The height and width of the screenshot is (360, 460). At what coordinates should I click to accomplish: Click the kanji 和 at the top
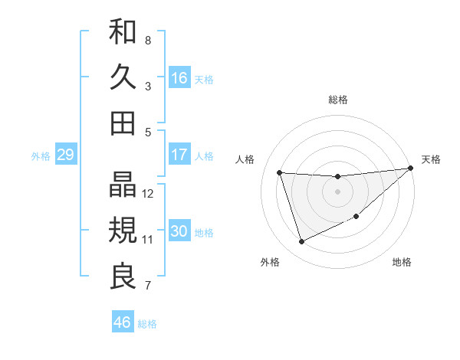(123, 32)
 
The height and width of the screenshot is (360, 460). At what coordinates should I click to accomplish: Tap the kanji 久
(123, 77)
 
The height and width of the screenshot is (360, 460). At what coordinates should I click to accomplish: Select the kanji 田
(123, 123)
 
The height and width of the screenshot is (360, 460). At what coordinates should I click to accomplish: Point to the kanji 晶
(123, 185)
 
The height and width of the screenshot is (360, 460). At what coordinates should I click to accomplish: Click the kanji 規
(123, 231)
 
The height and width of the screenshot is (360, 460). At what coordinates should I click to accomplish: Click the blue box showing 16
(179, 78)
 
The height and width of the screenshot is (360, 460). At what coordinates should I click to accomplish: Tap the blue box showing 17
(179, 155)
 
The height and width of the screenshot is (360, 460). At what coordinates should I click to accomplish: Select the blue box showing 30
(179, 231)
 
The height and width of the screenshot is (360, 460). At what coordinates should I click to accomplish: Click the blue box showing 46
(123, 322)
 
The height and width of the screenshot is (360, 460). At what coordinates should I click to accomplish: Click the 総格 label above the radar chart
(338, 100)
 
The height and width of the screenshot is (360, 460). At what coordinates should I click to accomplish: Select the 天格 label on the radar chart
(431, 159)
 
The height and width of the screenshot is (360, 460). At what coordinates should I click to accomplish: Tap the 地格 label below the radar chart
(402, 262)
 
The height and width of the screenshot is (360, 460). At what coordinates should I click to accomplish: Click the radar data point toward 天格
(411, 169)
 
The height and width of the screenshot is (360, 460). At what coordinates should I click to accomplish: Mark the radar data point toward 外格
(301, 242)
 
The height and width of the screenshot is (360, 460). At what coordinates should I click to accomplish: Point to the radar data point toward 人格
(280, 172)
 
